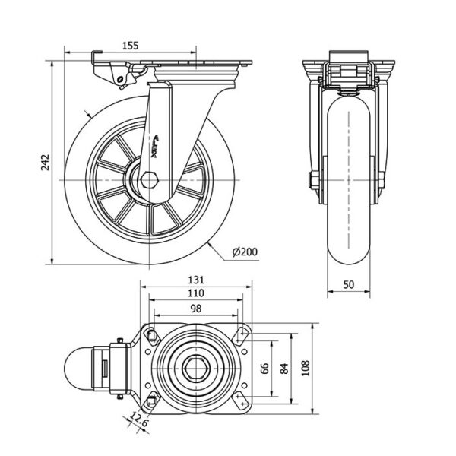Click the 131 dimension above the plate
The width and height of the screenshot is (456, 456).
click(x=197, y=279)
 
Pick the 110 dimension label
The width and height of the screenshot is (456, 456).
click(x=197, y=293)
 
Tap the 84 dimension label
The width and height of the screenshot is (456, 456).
click(x=283, y=369)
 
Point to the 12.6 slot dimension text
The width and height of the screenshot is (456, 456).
click(x=137, y=419)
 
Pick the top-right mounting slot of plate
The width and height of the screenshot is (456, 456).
click(x=243, y=335)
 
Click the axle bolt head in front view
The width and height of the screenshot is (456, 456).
click(x=312, y=180)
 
